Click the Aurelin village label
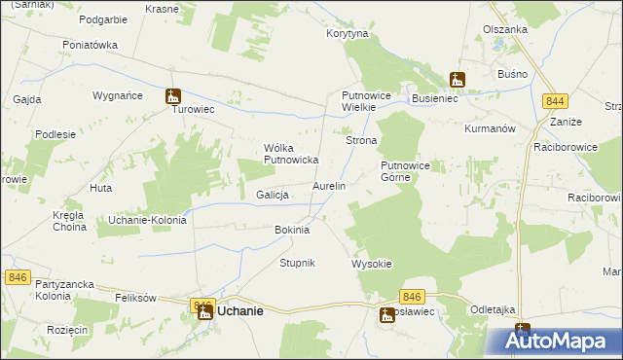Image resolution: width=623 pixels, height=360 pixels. [x=328, y=185]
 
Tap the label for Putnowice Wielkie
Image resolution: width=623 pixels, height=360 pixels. [x=365, y=101]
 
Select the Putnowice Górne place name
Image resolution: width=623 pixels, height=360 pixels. [x=412, y=171]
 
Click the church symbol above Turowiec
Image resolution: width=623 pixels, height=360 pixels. [x=173, y=95]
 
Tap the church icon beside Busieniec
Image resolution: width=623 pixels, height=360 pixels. [x=457, y=80]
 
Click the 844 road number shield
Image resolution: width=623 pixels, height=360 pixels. [x=556, y=101]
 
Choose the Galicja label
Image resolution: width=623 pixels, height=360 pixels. [x=274, y=195]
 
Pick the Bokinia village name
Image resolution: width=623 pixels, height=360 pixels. [x=292, y=230]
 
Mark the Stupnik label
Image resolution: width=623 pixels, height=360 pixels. [x=297, y=264]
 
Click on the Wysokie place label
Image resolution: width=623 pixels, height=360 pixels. [x=371, y=264]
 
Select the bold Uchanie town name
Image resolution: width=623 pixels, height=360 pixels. [x=239, y=310]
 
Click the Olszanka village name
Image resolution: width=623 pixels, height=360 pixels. [x=504, y=29]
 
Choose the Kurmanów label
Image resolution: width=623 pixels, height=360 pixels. [x=489, y=128]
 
